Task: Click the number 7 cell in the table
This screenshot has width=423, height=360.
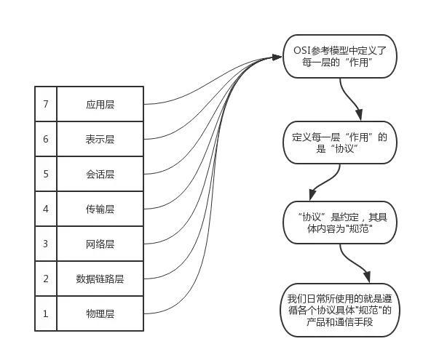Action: [45, 104]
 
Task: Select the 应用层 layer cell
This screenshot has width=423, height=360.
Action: [100, 104]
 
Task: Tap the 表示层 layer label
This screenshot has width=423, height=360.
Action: [100, 139]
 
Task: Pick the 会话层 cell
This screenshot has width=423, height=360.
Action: [100, 174]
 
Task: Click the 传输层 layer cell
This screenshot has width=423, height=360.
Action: [100, 209]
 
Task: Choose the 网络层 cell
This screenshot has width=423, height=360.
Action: [100, 244]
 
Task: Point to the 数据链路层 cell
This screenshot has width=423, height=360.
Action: [100, 279]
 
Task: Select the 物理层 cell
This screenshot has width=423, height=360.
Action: [100, 313]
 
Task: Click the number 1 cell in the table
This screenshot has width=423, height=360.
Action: [45, 313]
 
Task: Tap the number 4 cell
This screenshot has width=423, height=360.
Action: [45, 209]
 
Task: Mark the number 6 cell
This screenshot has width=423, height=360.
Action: [45, 139]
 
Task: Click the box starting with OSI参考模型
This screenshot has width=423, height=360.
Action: [340, 57]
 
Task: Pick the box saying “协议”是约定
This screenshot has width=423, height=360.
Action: [340, 223]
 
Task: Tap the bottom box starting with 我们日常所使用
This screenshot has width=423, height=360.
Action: [340, 310]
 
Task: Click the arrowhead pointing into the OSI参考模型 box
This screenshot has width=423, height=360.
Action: [278, 57]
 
